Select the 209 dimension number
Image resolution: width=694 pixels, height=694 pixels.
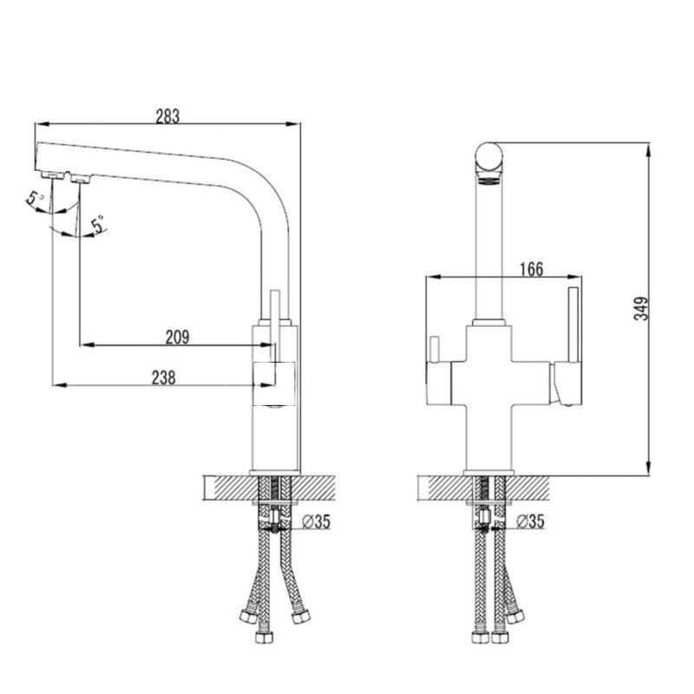tap(176, 336)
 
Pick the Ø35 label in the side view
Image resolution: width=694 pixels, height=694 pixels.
tap(318, 521)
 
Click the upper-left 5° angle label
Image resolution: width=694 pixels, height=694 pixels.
tap(36, 200)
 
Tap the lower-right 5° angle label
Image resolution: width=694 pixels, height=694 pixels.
tap(98, 224)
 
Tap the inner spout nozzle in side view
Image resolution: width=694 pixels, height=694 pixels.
tap(82, 180)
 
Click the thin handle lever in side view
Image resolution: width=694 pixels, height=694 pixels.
tap(274, 321)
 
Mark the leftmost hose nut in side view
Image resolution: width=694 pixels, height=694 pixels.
tap(246, 618)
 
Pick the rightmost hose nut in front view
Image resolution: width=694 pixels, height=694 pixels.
tap(517, 618)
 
